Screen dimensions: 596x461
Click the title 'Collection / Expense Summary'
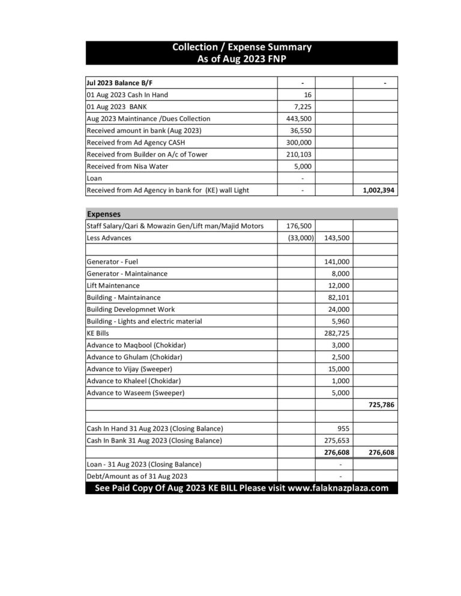241,47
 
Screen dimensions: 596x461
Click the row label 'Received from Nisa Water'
127,166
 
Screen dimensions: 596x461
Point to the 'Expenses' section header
104,213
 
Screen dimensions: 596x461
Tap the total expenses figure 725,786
381,405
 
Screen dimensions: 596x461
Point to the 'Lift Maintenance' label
113,285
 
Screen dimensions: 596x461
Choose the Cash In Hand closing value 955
343,429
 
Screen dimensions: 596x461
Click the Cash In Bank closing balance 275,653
336,441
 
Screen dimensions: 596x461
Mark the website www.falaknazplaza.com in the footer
338,488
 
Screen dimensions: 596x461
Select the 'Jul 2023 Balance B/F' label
124,83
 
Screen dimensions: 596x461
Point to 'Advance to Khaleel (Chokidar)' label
134,381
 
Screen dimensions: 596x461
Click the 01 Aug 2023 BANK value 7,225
302,107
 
